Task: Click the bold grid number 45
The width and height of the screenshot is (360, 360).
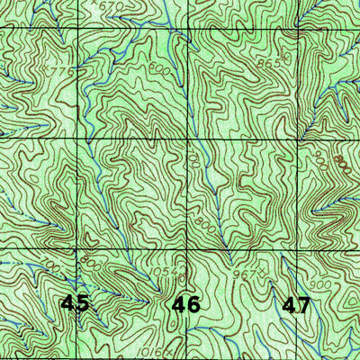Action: pos(76,303)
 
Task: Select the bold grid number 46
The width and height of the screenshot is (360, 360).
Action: pos(185,305)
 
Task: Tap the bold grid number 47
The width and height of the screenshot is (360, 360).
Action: pos(296,305)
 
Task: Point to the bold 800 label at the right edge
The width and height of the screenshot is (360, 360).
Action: pos(339,165)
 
